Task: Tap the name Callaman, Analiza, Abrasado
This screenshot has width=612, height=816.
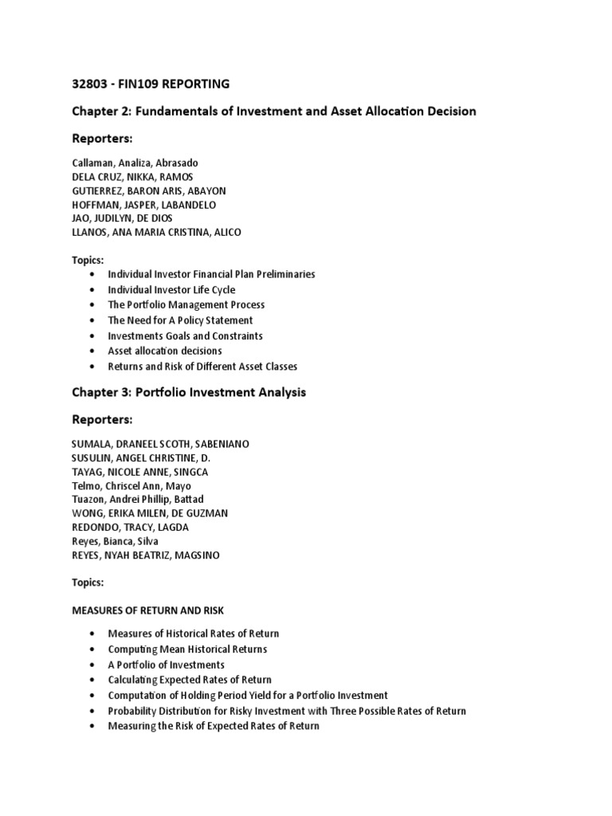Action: click(135, 163)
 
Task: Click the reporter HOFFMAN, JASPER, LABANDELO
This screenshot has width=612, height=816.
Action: click(143, 204)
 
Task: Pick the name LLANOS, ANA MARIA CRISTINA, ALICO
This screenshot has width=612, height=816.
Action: click(156, 232)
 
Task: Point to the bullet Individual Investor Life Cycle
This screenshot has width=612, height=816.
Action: click(171, 289)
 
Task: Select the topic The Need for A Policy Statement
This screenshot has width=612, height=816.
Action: click(180, 320)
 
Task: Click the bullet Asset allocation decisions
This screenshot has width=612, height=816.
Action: click(165, 351)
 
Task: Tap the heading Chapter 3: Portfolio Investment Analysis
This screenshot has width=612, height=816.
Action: click(189, 392)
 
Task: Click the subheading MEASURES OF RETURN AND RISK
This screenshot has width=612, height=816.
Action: click(147, 610)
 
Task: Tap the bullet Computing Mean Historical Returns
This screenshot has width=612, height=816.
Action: click(187, 649)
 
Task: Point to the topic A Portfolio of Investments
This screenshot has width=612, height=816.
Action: click(166, 665)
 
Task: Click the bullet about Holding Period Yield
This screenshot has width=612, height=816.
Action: click(248, 695)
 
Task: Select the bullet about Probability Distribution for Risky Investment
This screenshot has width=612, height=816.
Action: click(287, 711)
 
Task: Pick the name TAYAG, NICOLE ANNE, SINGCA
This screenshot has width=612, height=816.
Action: click(139, 472)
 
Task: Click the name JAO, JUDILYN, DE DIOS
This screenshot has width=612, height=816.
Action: click(121, 218)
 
